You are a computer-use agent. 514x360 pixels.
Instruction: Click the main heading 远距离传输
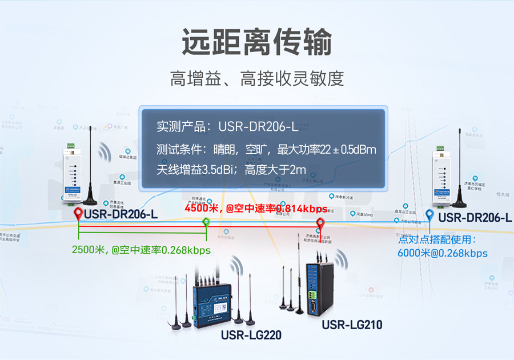(x=257, y=42)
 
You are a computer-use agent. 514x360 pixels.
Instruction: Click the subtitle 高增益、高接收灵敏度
(x=257, y=78)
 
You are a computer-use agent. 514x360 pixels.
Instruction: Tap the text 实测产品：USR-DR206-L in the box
(x=227, y=126)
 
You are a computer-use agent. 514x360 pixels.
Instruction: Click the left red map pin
(x=78, y=214)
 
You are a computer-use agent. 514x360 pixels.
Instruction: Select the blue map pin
(x=429, y=215)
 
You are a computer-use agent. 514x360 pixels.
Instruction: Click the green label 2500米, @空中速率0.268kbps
(x=142, y=250)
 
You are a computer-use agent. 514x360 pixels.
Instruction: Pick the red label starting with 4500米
(x=255, y=209)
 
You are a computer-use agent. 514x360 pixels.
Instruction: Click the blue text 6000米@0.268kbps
(x=443, y=253)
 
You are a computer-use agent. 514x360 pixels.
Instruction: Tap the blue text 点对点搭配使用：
(x=437, y=239)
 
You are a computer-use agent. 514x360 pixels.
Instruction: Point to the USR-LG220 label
(x=251, y=335)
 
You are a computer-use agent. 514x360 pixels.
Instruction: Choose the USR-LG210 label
(x=352, y=325)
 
